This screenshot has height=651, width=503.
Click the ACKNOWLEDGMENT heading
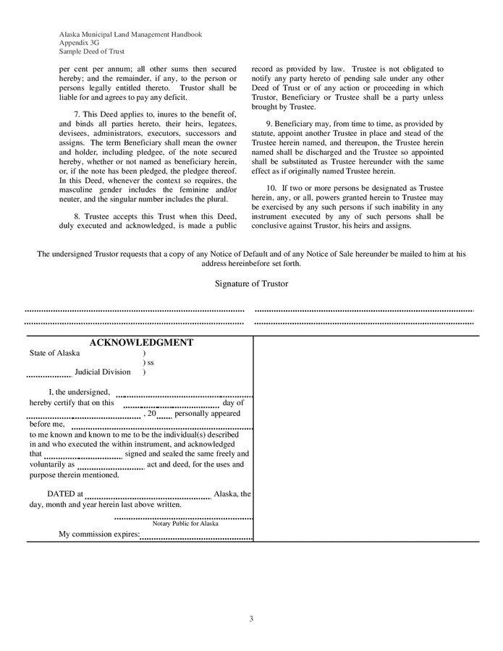tap(140, 343)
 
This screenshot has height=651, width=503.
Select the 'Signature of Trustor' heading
tap(251, 284)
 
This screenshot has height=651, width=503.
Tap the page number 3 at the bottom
tap(251, 618)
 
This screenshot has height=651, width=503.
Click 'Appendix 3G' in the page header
tap(80, 43)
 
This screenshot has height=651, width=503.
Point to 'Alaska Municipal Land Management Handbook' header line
tap(130, 34)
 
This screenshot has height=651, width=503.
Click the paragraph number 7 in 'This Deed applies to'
tap(76, 115)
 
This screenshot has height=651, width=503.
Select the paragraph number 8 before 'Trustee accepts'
tap(76, 216)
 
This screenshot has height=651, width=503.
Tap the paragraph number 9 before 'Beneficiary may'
tap(269, 124)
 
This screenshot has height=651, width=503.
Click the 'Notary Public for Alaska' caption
tap(185, 523)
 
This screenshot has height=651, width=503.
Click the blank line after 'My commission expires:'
tap(196, 537)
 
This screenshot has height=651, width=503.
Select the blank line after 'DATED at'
tap(148, 498)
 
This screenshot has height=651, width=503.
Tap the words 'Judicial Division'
tap(103, 372)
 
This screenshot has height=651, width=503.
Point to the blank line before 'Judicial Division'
tap(49, 375)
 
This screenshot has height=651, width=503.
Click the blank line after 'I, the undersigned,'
tap(184, 395)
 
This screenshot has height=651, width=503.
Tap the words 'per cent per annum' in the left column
tap(92, 69)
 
